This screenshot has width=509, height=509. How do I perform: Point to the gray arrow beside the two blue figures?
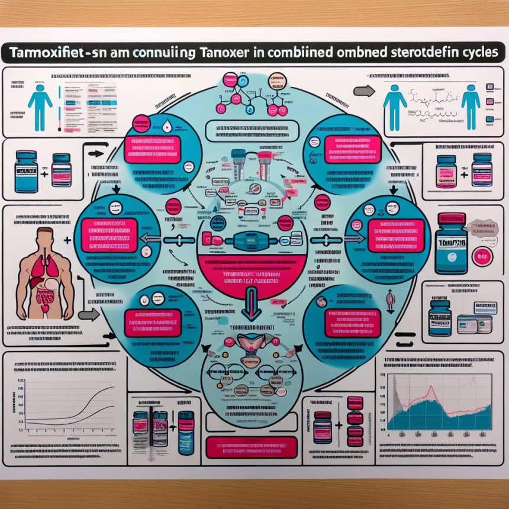click(x=363, y=91)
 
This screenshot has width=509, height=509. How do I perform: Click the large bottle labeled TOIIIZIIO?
click(x=451, y=244)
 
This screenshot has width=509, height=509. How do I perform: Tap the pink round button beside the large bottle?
click(x=482, y=257)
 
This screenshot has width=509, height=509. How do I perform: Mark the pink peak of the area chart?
click(x=430, y=388)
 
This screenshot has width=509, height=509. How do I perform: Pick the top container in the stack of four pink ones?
click(x=355, y=402)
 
